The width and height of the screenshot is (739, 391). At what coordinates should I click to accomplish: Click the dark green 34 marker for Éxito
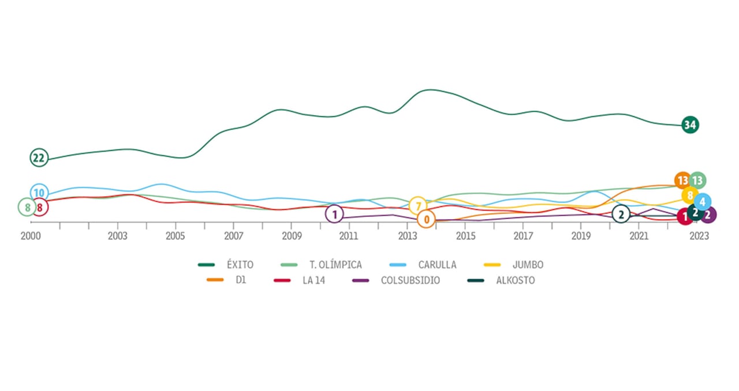[x=689, y=125]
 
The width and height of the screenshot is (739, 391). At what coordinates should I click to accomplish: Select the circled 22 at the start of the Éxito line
[x=39, y=158]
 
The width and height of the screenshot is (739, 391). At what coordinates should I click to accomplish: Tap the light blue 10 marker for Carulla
[x=39, y=193]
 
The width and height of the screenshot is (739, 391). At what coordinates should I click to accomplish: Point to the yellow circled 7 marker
[x=417, y=205]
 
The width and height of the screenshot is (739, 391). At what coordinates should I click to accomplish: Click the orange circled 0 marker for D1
[x=426, y=219]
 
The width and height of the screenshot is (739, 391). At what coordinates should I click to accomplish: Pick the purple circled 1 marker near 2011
[x=334, y=214]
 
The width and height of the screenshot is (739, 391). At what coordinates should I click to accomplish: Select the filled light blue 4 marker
[x=702, y=202]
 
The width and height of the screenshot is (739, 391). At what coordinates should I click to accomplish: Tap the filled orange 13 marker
[x=682, y=181]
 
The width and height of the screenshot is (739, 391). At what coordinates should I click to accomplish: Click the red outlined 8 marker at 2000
[x=39, y=207]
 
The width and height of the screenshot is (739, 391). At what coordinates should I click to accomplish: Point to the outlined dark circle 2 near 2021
[x=621, y=214]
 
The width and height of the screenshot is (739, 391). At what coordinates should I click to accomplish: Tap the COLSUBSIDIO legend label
[x=410, y=281]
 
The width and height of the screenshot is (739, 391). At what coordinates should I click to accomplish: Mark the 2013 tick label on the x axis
[x=408, y=236]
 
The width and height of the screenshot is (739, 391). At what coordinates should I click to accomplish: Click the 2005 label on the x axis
[x=176, y=236]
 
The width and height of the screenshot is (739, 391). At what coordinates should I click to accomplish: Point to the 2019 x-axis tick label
[x=581, y=236]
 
